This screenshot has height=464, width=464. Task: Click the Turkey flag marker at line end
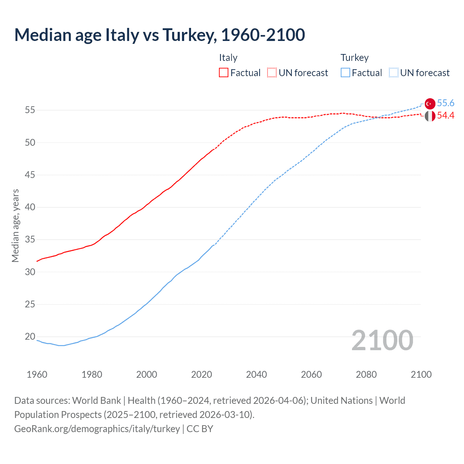(430, 104)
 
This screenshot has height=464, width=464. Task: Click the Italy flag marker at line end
(430, 116)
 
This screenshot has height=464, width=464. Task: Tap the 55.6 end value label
(446, 103)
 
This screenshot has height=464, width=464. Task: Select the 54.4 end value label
(446, 116)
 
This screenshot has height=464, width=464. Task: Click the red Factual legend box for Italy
(224, 73)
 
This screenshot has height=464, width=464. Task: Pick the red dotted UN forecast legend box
(272, 73)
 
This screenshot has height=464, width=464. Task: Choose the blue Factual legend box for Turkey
(345, 73)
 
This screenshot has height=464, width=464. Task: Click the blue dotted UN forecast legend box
(393, 73)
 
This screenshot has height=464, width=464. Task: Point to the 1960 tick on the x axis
(37, 374)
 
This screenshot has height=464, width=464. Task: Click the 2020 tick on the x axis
(202, 374)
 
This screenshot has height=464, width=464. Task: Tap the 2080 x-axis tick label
(366, 374)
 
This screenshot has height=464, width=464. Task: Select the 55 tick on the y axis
(30, 110)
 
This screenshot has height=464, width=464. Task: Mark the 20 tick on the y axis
(30, 337)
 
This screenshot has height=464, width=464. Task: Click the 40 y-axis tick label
(30, 207)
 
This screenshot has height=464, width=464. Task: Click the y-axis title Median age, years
(15, 225)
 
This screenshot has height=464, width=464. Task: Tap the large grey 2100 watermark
(382, 340)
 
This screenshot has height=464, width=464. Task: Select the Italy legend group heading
(228, 58)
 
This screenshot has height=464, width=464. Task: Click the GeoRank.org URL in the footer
(97, 429)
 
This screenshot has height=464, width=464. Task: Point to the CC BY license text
(200, 429)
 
